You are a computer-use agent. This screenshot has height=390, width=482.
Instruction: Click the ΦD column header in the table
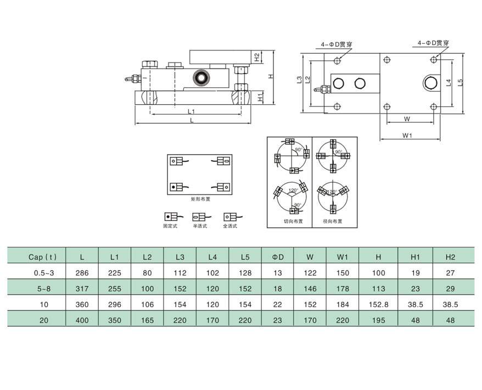click(x=278, y=256)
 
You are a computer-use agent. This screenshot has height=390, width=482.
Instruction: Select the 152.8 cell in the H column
click(x=378, y=303)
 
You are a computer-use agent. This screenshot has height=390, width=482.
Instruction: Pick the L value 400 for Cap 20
click(x=82, y=319)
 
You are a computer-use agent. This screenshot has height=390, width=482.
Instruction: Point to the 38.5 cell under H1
click(x=416, y=303)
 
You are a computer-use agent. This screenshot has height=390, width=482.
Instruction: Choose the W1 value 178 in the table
click(x=343, y=288)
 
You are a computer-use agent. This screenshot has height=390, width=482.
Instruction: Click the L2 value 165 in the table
click(x=147, y=319)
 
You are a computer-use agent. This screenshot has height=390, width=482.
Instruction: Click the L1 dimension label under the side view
click(x=192, y=111)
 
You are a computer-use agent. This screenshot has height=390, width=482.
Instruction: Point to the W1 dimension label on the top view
click(x=407, y=135)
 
